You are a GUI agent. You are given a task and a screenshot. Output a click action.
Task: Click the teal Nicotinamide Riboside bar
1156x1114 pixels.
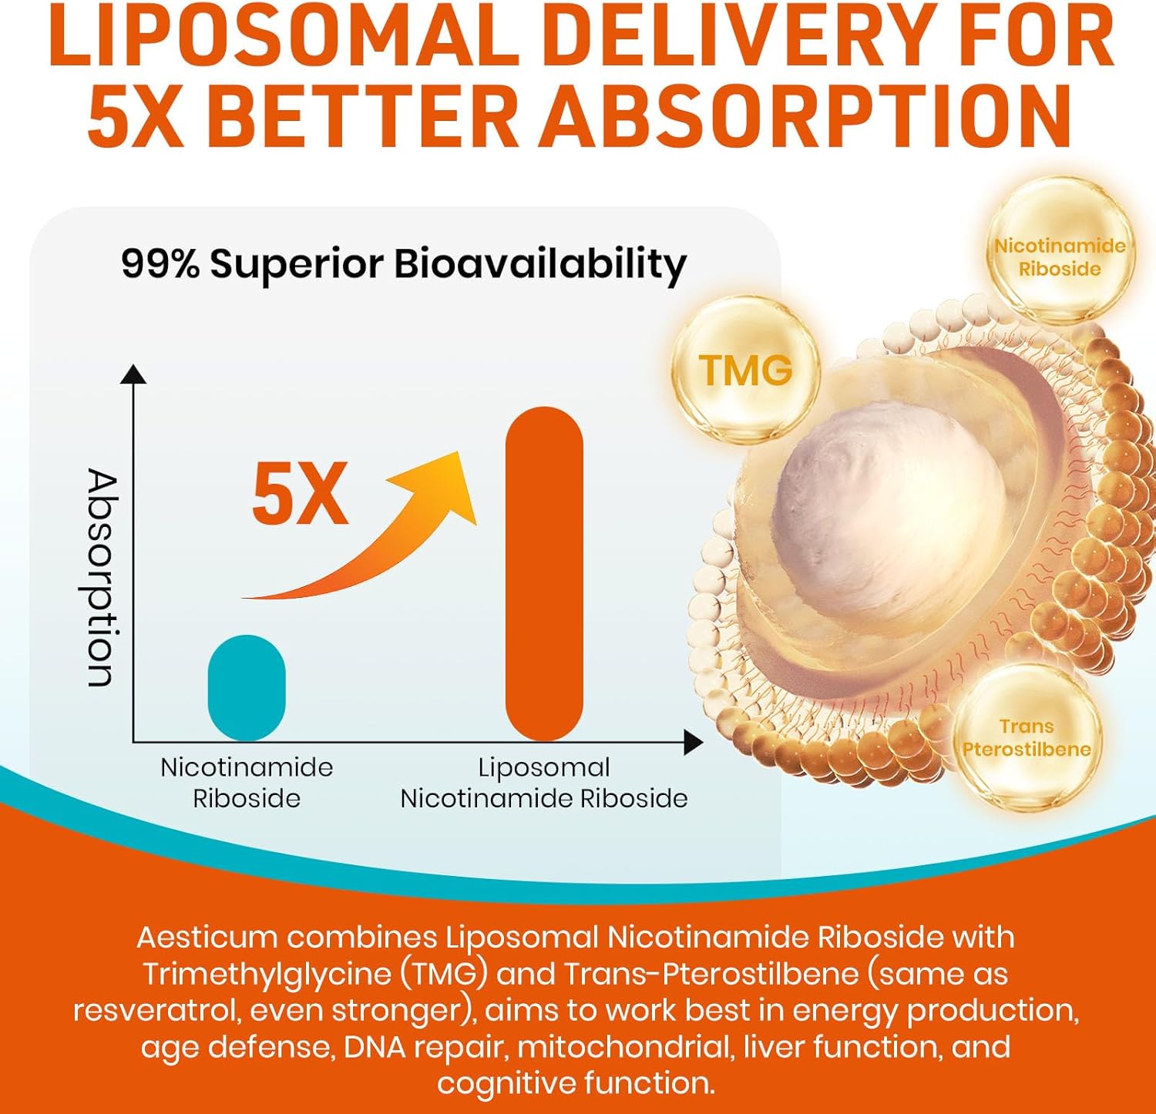(x=247, y=687)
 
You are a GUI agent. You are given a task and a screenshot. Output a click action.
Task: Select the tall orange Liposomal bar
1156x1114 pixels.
(x=544, y=573)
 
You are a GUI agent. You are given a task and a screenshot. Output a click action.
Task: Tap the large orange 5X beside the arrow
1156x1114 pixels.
(x=300, y=494)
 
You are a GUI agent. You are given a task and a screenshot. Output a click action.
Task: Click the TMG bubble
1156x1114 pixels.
(x=745, y=370)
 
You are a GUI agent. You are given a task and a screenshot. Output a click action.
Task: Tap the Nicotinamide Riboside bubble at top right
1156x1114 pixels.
(x=1060, y=257)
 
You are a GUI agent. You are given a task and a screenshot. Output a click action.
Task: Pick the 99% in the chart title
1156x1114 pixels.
(x=160, y=264)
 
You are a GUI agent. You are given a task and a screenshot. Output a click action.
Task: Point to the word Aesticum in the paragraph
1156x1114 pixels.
(x=207, y=938)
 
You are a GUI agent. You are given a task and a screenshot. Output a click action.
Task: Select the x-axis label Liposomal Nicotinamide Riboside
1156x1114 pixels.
(x=544, y=783)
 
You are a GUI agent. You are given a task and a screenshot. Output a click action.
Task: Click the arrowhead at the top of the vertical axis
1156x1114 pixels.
(x=134, y=374)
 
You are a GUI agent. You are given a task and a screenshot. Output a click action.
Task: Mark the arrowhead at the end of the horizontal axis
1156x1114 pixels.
(x=694, y=743)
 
